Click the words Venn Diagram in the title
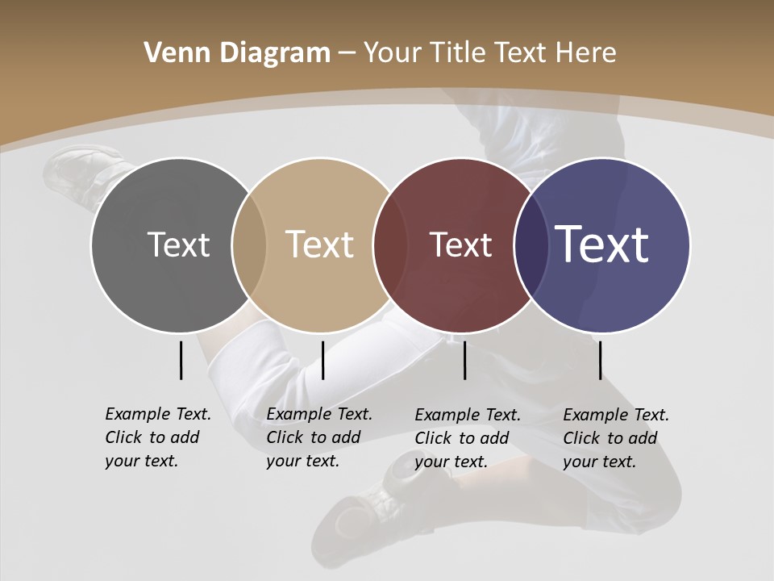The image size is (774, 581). (x=237, y=53)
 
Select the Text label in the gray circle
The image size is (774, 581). (x=178, y=245)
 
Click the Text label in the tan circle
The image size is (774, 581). (x=319, y=245)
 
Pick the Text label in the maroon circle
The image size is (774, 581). (x=460, y=245)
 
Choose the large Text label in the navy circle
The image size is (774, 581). (x=602, y=244)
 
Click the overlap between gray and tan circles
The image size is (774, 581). (x=249, y=245)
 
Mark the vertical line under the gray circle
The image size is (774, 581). (x=181, y=360)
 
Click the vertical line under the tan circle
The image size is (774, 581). (x=322, y=360)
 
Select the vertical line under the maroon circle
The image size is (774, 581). (x=464, y=360)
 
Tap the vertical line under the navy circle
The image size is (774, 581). (x=600, y=360)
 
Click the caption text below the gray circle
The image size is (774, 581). (x=158, y=437)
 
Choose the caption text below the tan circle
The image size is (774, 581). (x=319, y=437)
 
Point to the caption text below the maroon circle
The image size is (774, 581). (x=468, y=438)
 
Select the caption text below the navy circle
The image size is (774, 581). (x=616, y=438)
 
